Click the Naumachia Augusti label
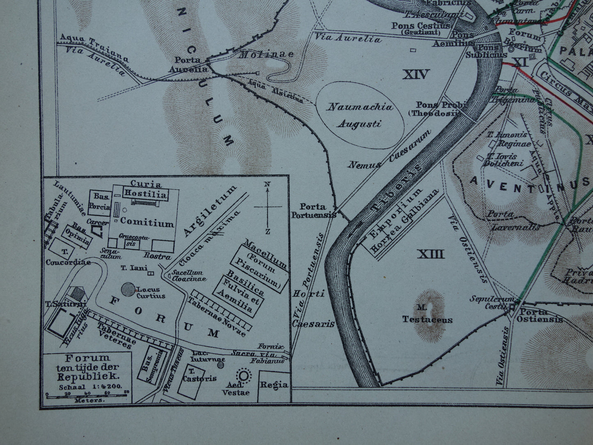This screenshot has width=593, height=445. point(359,115)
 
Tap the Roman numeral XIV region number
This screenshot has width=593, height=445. point(416,75)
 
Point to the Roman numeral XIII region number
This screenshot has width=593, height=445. point(431,255)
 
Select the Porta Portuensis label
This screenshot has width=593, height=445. point(313,210)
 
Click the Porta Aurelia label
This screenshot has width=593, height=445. point(188,65)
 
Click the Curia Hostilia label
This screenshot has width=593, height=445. point(146,190)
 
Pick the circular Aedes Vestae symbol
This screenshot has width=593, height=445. point(244,375)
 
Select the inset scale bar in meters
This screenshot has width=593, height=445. point(87,395)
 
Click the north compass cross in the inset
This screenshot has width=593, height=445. point(267,207)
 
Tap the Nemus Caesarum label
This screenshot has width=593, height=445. point(389,151)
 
